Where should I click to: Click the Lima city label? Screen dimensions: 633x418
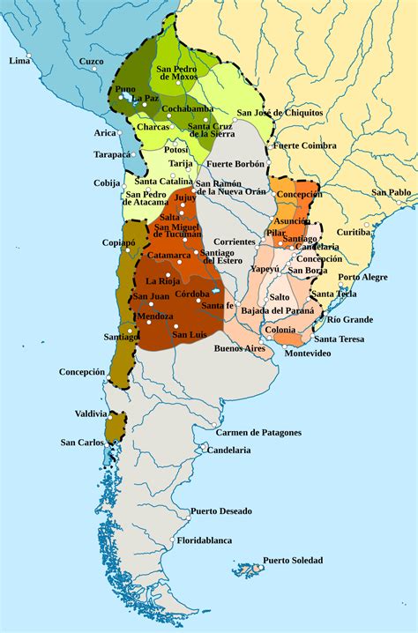(19, 61)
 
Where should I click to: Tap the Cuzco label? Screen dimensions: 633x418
(92, 61)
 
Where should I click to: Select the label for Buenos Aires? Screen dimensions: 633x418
(239, 348)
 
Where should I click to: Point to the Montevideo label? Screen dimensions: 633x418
(307, 353)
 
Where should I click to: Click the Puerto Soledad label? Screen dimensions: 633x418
(292, 560)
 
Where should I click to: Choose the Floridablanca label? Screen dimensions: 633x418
(205, 539)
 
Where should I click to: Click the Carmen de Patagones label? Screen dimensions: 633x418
(258, 432)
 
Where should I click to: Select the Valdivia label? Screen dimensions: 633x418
(91, 413)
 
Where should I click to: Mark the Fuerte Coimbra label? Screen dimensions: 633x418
(304, 145)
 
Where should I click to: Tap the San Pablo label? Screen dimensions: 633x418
(390, 192)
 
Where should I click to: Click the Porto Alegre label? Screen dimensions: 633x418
(362, 277)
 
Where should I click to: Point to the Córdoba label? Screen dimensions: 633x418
(191, 293)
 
